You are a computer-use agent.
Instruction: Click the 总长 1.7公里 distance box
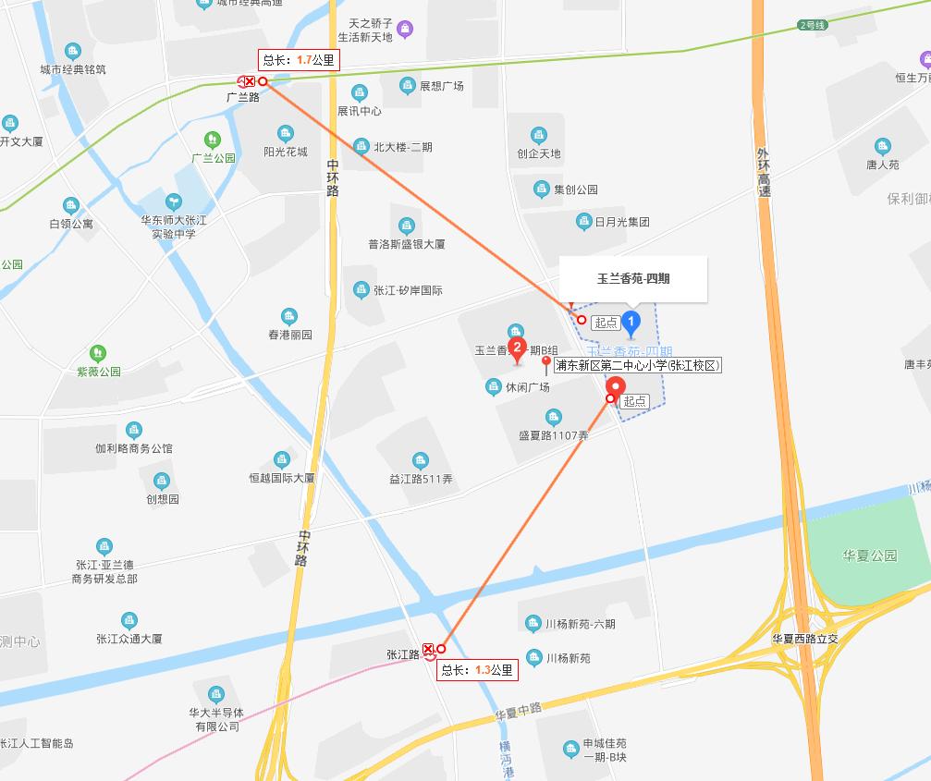click(x=299, y=60)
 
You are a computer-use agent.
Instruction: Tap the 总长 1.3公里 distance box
click(x=477, y=670)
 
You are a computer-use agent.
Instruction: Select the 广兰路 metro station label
click(x=243, y=96)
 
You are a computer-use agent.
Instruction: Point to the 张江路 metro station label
click(x=403, y=654)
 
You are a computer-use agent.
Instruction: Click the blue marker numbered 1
click(x=631, y=323)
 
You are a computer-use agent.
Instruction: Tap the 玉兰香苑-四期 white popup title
click(x=633, y=278)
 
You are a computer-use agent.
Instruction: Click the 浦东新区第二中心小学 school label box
click(x=637, y=366)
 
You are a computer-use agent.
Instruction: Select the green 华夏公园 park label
click(x=869, y=555)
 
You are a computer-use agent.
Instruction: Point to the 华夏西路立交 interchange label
click(x=805, y=639)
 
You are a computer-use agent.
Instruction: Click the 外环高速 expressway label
click(x=763, y=172)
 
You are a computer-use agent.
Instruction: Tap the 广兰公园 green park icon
click(x=214, y=140)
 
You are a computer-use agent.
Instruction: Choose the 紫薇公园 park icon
click(x=98, y=353)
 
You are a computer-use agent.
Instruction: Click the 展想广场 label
click(x=441, y=86)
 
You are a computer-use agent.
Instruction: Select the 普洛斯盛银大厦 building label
click(x=407, y=244)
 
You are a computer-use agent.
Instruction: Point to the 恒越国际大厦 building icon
click(x=282, y=460)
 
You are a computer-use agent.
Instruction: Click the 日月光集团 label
click(x=621, y=222)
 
